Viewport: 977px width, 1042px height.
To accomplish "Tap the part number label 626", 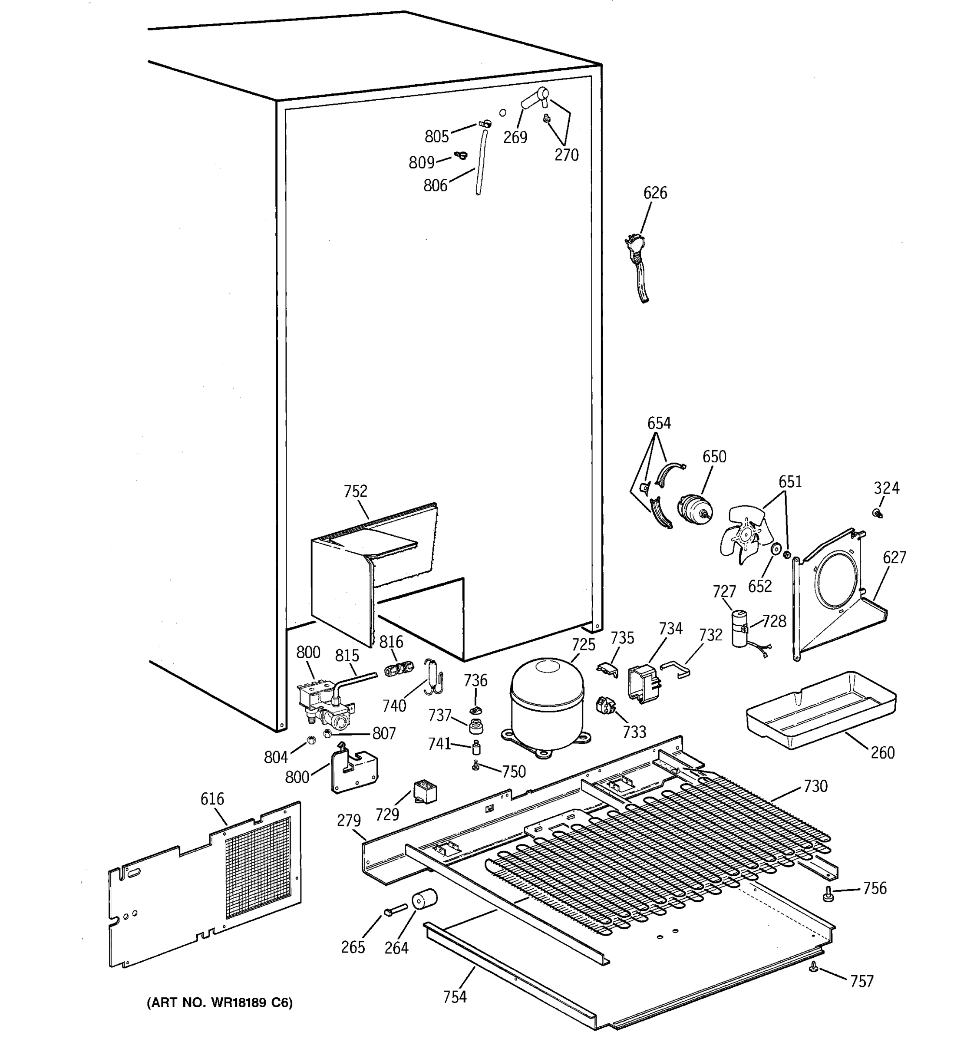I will coord(655,193).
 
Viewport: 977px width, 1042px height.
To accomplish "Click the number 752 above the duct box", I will coord(355,491).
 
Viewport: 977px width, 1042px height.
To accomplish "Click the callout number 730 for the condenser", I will coord(815,786).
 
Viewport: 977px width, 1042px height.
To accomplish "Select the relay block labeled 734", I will coord(643,681).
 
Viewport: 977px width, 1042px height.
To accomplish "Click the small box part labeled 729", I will coord(425,792).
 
